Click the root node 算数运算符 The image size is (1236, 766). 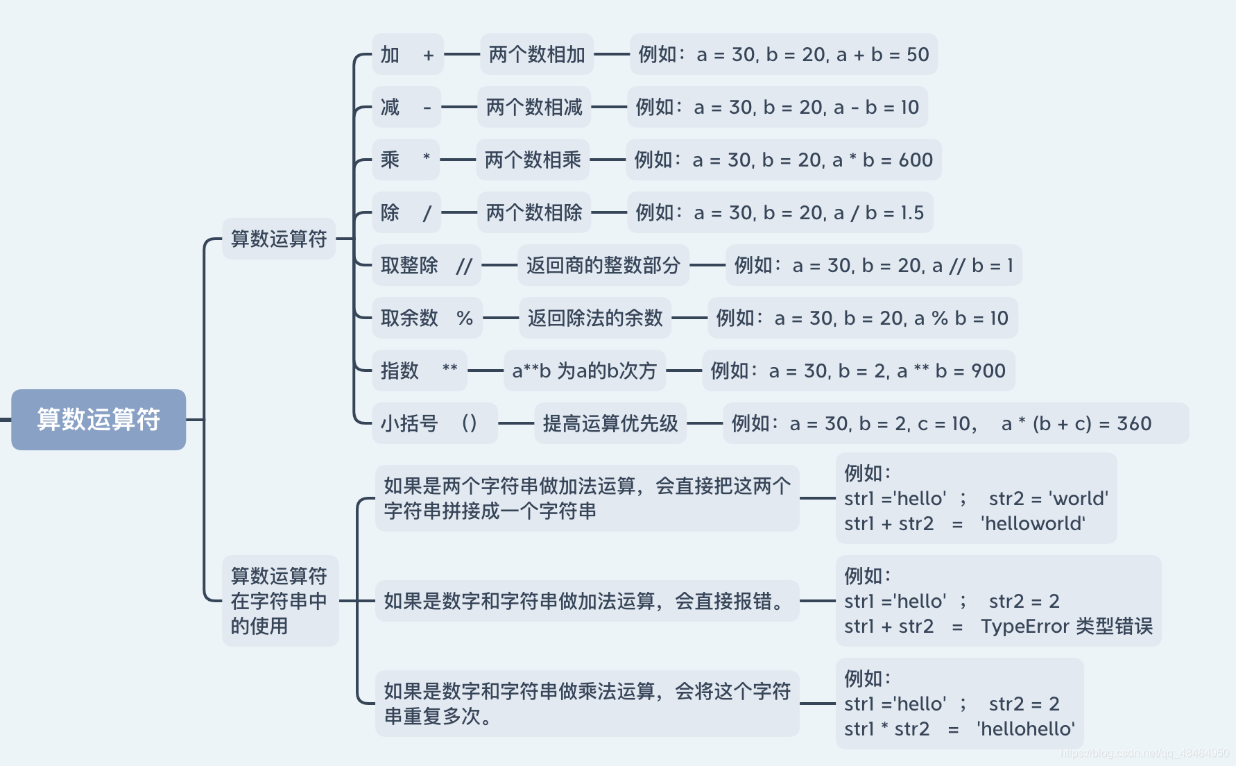[x=98, y=419]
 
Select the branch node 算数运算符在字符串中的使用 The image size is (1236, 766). [x=280, y=601]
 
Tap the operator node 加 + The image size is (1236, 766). [x=407, y=55]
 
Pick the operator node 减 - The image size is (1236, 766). [x=406, y=108]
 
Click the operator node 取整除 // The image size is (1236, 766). [x=426, y=265]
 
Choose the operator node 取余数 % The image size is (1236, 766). [x=427, y=318]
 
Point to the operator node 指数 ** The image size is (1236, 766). [x=419, y=371]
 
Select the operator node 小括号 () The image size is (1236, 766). [x=434, y=423]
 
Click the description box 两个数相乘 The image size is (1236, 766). [x=533, y=160]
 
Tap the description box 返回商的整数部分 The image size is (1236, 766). [x=603, y=265]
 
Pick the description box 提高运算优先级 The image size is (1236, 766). [x=610, y=423]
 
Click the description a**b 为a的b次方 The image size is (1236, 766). [x=584, y=371]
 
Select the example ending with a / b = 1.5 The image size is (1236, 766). [x=780, y=213]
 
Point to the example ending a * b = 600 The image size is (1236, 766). [x=783, y=160]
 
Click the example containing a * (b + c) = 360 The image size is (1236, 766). [x=955, y=423]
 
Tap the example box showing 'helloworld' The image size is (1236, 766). [x=976, y=498]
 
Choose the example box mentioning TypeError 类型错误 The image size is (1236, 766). [x=998, y=601]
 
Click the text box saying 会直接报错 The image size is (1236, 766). [x=587, y=601]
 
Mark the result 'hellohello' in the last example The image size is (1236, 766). [x=1026, y=729]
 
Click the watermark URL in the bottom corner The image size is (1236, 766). [x=1144, y=754]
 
